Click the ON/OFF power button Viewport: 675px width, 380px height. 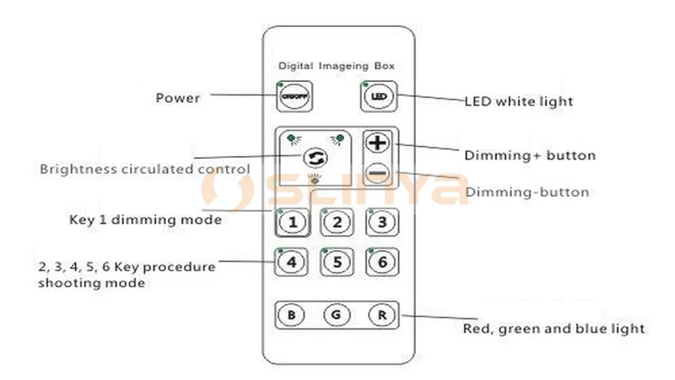(289, 97)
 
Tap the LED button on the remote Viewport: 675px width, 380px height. (375, 97)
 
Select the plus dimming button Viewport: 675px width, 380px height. (378, 143)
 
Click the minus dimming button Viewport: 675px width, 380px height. (378, 173)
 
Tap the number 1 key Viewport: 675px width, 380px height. (291, 222)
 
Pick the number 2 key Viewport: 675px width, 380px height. (337, 222)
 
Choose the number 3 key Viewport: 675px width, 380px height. (381, 222)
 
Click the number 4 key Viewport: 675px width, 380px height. (291, 262)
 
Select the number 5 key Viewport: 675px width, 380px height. (337, 262)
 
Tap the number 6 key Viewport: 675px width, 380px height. (381, 262)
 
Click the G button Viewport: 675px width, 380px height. (337, 316)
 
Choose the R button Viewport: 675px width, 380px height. (381, 316)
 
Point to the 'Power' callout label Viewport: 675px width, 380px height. (177, 98)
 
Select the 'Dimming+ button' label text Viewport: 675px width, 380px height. (530, 155)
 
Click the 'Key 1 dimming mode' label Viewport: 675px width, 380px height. (144, 220)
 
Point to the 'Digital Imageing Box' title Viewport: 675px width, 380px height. (337, 65)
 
